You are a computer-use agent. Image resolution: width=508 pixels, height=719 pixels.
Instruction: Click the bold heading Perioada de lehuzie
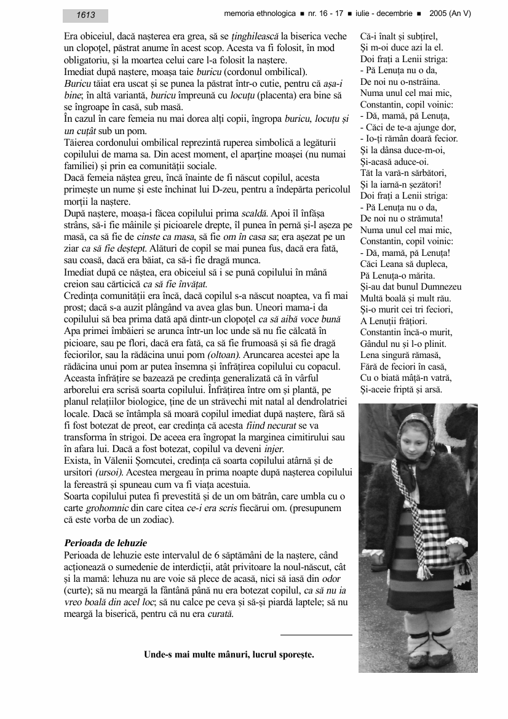click(x=105, y=543)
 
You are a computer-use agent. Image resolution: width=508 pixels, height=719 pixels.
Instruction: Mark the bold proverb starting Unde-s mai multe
click(x=229, y=655)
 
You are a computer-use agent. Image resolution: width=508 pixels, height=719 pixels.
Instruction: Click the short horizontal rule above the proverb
click(x=316, y=635)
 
